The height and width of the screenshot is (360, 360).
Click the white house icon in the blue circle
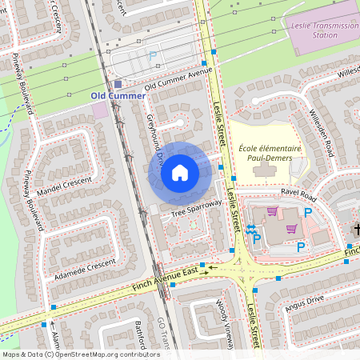(180, 172)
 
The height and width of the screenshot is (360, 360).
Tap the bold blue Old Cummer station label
(118, 96)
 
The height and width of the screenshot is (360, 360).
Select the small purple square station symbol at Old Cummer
(118, 83)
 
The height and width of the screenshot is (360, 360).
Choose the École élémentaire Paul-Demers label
(270, 153)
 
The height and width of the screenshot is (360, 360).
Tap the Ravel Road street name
(299, 194)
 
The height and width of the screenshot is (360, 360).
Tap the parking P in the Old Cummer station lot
(152, 56)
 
